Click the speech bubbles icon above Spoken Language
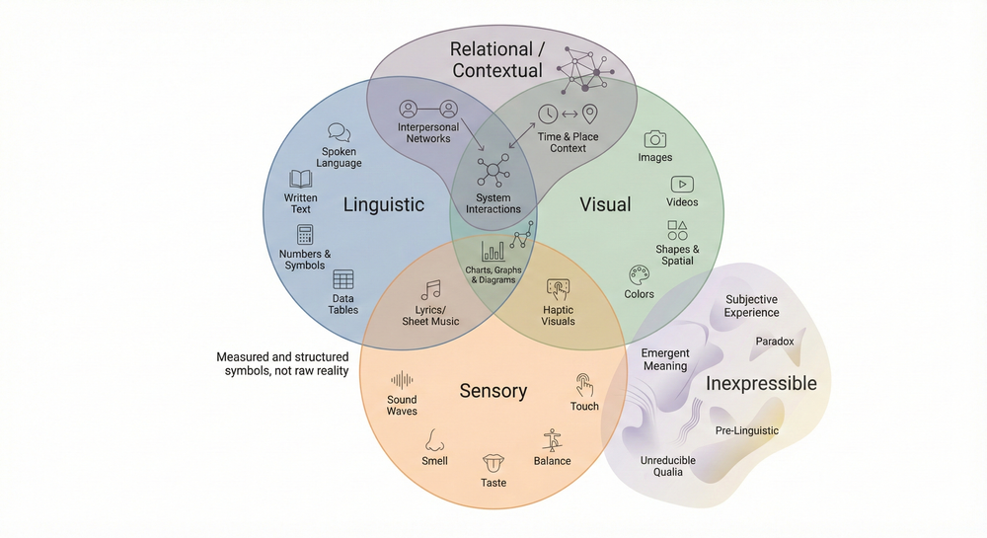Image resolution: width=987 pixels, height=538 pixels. point(340,131)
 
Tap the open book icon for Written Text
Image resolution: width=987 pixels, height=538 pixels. point(301,179)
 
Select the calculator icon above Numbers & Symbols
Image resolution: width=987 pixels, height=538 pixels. point(305,234)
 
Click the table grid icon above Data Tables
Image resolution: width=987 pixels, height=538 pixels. point(343,279)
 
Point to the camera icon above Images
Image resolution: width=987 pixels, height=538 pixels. point(655,139)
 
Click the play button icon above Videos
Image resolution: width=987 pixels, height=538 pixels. point(682,184)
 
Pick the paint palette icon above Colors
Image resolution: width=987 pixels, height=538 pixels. point(639,274)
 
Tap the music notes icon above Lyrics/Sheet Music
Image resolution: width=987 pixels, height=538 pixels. point(430,290)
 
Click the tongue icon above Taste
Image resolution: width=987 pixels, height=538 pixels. point(493,463)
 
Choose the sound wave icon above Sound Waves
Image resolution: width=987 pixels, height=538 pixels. point(402,380)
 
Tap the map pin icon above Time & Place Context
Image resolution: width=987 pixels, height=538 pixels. point(590,114)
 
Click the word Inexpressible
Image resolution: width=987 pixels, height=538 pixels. point(761,383)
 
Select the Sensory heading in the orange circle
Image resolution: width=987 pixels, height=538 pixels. point(493,391)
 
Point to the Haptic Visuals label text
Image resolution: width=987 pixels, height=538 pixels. point(558,315)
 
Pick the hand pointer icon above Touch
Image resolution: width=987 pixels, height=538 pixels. point(584,385)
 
